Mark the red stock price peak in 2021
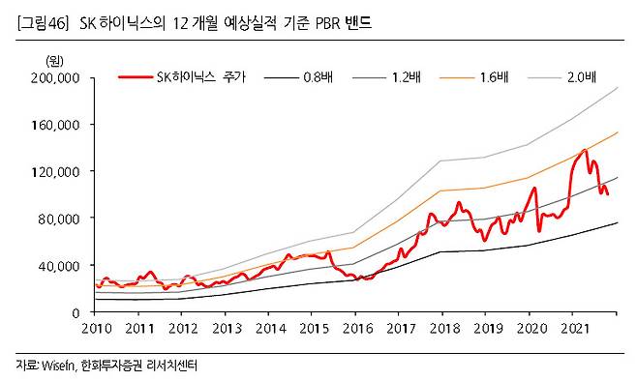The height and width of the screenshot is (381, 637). pos(585,150)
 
